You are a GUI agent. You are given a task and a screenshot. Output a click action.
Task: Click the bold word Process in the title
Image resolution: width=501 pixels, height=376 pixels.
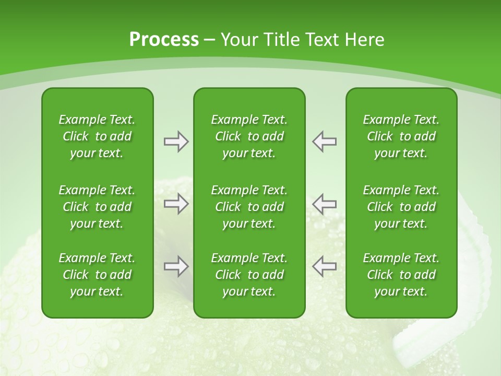pos(164,40)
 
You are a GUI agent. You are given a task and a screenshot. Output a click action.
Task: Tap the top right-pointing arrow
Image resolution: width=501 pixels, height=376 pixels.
pos(176,142)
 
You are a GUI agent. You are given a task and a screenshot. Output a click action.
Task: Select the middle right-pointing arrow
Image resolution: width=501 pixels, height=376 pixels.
pos(176,204)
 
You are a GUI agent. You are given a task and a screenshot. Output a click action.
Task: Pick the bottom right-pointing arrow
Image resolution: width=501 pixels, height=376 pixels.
pos(176,266)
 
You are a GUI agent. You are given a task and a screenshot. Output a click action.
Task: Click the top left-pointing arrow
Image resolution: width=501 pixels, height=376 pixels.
pos(324,142)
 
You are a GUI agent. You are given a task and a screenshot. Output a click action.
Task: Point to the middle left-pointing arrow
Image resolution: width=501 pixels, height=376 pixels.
pos(324,204)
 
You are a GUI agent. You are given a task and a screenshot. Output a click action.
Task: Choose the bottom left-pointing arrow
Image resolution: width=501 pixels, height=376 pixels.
pos(324,266)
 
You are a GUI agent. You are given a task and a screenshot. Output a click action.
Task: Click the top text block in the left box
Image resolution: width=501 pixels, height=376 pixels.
pos(97,136)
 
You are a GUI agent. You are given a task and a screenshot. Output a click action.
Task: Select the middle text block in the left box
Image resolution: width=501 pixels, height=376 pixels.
pos(97,207)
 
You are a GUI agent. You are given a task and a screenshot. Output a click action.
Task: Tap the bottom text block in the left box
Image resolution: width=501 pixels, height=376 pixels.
pos(97,275)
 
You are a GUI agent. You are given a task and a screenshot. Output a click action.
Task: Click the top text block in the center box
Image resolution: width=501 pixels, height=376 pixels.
pos(249,136)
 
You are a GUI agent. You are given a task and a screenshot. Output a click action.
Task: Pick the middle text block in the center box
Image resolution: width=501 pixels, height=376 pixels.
pos(249,207)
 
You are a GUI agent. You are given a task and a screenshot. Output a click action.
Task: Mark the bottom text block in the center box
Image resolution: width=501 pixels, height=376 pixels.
pos(249,275)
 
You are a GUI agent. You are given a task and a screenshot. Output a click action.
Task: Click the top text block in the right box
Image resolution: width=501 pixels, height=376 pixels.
pos(401,136)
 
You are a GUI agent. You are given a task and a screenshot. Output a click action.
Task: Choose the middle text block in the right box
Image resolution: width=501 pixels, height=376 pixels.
pos(401,207)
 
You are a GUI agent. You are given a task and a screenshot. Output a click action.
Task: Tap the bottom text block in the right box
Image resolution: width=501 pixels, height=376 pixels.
pos(401,275)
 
